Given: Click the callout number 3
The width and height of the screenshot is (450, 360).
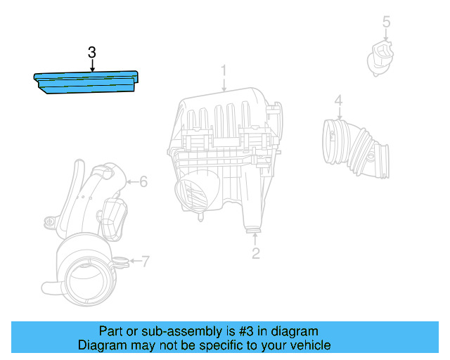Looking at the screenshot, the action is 92,52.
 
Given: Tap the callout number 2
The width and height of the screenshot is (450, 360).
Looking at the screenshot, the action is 256,253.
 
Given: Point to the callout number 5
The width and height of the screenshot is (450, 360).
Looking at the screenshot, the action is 386,22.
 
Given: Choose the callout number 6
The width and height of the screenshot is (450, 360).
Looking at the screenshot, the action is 143,182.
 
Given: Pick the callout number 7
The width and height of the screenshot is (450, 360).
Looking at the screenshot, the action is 146,262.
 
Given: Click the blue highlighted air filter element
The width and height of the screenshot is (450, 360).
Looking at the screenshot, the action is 84,82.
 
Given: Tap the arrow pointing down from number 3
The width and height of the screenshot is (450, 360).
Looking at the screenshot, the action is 92,65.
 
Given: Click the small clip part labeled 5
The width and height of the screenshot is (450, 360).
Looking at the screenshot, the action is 381,56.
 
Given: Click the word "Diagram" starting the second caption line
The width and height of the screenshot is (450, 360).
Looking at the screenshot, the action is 101,345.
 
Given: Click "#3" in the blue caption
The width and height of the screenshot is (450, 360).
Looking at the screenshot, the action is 219,331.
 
